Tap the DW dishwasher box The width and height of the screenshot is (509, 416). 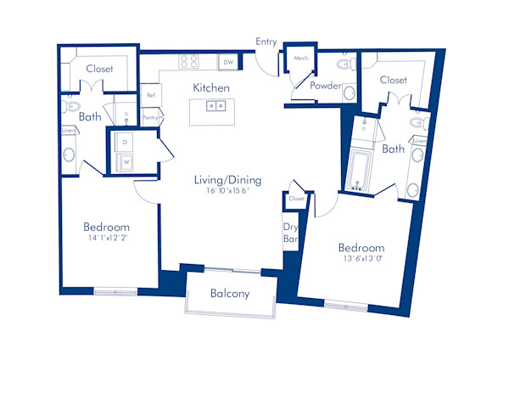click(227, 62)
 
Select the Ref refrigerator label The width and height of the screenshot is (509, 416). click(150, 95)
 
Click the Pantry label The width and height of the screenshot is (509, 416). click(151, 118)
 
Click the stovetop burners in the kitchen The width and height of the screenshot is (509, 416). click(189, 61)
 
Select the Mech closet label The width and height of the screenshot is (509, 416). click(300, 58)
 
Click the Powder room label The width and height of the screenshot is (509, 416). click(326, 86)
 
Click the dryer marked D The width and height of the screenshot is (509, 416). click(126, 141)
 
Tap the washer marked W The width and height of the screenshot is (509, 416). click(126, 160)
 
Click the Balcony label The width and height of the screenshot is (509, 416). click(229, 294)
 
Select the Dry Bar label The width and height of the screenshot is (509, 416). click(290, 233)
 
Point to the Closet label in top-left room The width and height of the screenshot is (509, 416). click(100, 70)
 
